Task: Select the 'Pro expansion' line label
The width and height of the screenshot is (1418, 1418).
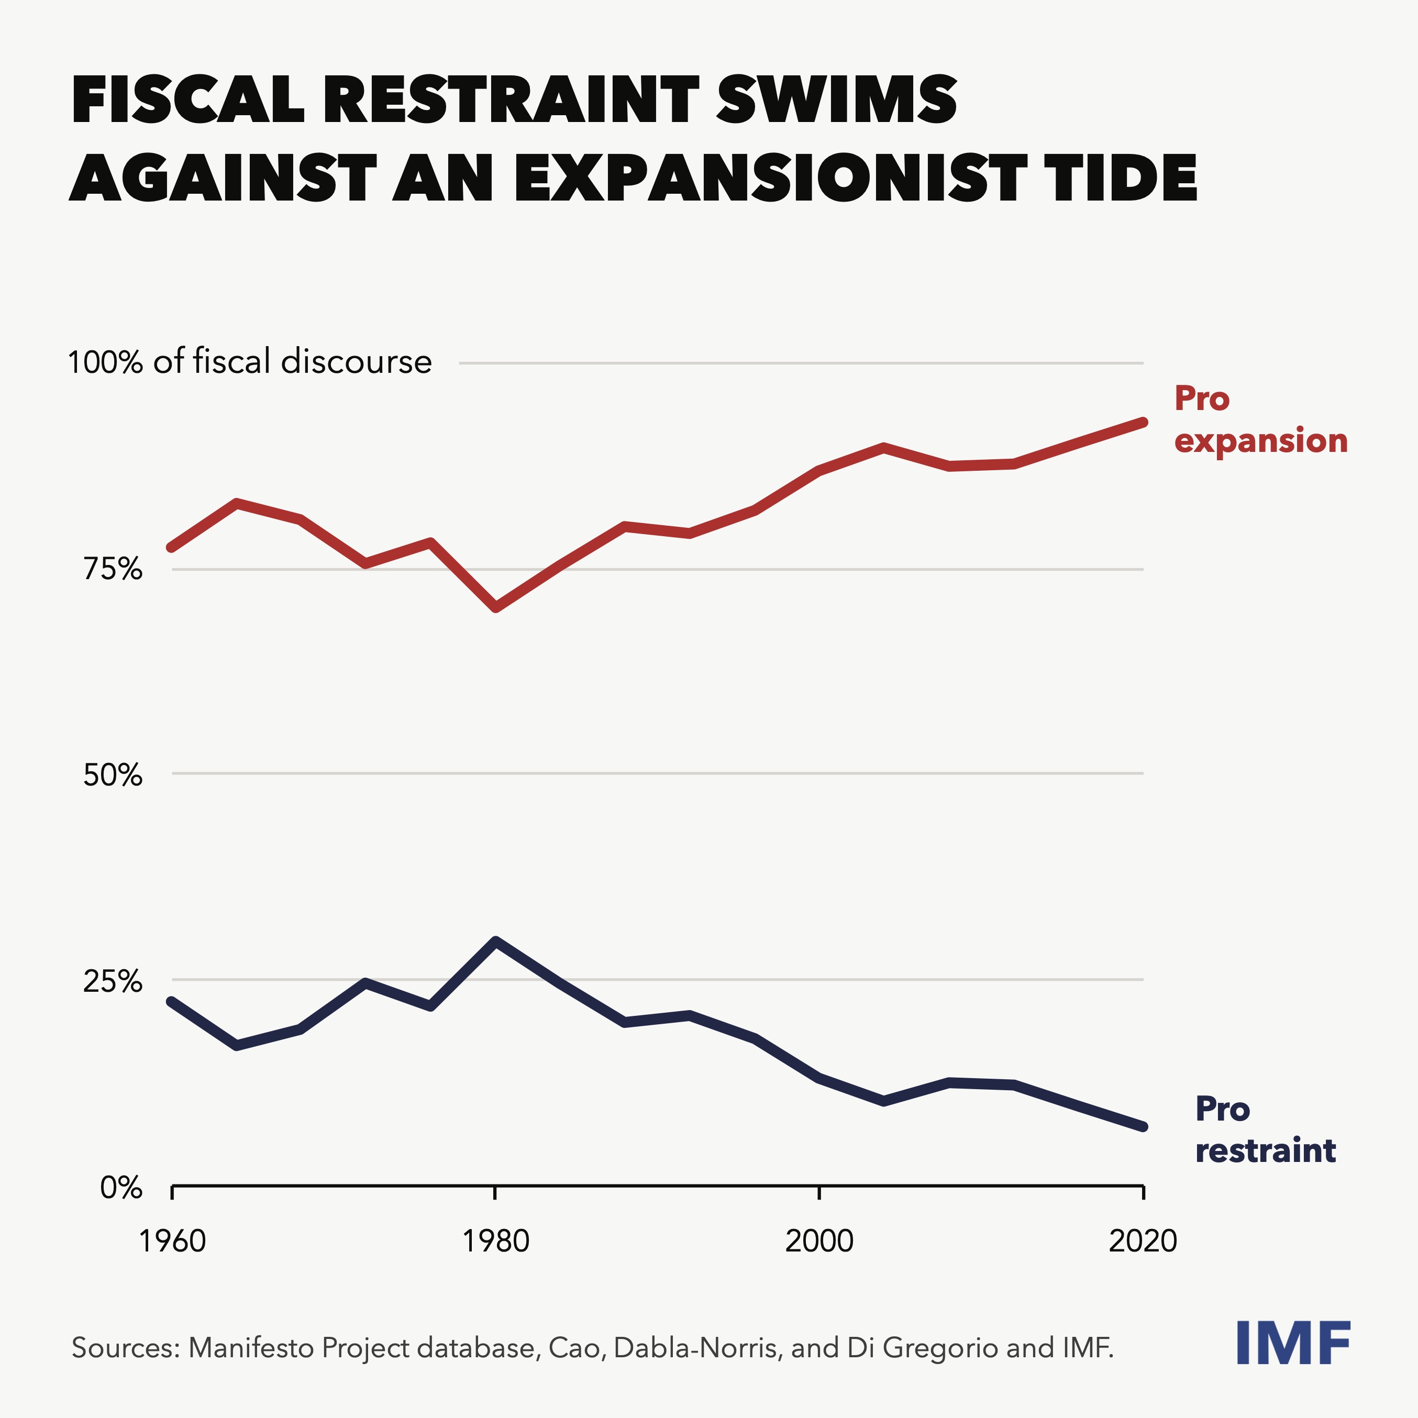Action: [1260, 419]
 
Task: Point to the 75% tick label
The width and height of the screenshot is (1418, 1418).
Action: [112, 570]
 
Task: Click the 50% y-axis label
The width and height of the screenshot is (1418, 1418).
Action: [112, 775]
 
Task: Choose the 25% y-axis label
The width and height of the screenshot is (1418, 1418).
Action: [112, 981]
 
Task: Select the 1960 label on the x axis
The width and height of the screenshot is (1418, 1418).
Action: [172, 1241]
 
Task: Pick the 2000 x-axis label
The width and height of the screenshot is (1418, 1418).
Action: [819, 1241]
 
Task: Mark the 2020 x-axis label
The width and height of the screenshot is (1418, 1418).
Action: [1143, 1241]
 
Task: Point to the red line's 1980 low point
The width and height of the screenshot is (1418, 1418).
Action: [496, 607]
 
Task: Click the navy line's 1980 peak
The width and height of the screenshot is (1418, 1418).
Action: [496, 941]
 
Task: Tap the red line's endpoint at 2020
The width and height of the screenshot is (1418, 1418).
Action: [1142, 422]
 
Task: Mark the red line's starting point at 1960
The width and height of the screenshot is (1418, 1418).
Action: [172, 547]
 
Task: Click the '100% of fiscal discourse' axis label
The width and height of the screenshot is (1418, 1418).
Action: [250, 362]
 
